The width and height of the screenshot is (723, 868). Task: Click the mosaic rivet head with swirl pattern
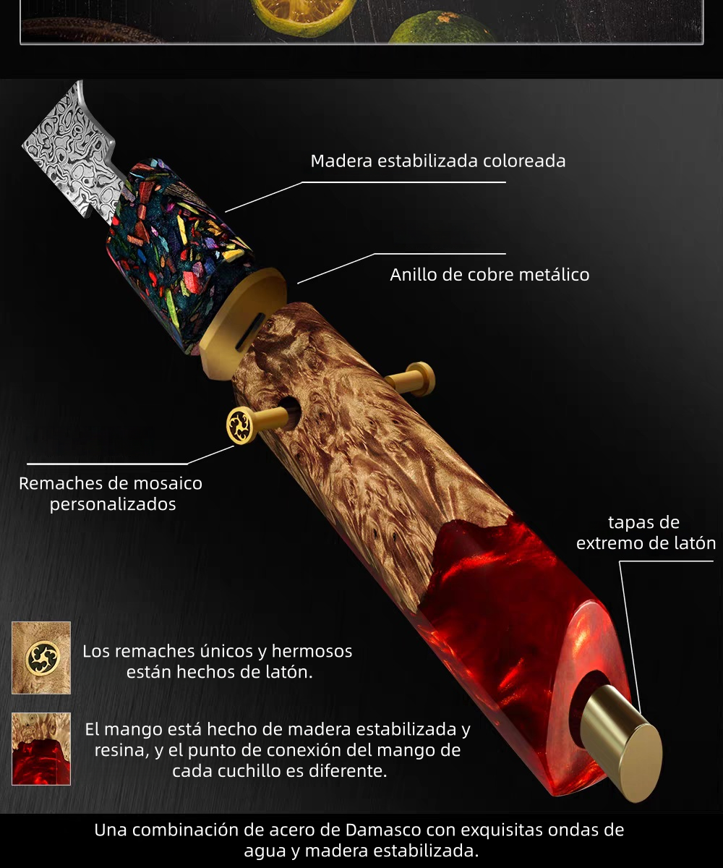pyautogui.click(x=240, y=425)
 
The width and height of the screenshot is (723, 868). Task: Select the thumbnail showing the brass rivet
pyautogui.click(x=41, y=658)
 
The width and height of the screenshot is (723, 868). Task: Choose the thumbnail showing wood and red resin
pyautogui.click(x=41, y=749)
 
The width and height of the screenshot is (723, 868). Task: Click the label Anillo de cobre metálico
pyautogui.click(x=489, y=275)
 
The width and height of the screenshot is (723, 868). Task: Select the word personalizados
pyautogui.click(x=113, y=504)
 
